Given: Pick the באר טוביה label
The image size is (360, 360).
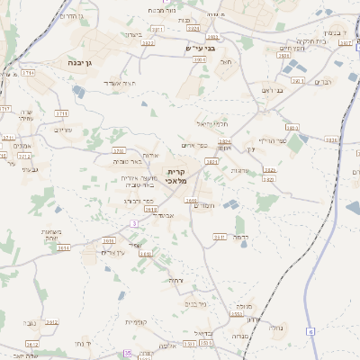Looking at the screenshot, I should pyautogui.click(x=130, y=162).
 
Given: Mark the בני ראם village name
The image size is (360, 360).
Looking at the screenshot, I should pyautogui.click(x=271, y=90).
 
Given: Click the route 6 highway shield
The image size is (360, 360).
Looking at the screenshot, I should pyautogui.click(x=311, y=331).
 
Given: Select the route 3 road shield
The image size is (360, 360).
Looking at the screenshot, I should pyautogui.click(x=134, y=222).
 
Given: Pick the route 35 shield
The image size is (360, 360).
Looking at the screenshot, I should pyautogui.click(x=128, y=354).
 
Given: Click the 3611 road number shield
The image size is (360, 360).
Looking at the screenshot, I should pyautogui.click(x=219, y=236).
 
